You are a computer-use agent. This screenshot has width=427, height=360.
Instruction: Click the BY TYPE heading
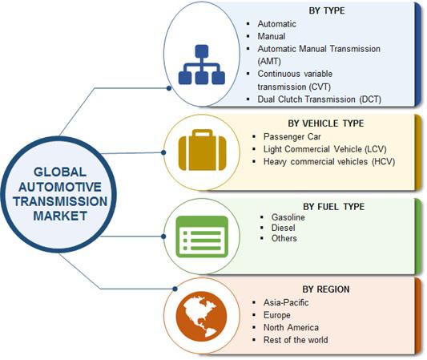327,10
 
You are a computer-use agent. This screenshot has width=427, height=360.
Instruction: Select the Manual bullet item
272,36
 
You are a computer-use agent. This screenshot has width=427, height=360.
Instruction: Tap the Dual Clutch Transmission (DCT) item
319,99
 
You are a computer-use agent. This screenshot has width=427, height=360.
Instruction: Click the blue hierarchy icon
202,65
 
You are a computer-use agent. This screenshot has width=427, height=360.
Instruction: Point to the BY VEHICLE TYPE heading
326,123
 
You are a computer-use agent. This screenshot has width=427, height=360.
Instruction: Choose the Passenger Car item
292,136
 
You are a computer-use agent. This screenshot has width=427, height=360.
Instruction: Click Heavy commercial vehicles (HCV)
329,162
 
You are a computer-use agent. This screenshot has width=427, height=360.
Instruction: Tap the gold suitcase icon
202,150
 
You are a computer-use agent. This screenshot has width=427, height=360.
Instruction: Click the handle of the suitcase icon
202,133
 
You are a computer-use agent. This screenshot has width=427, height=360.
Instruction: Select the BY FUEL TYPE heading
333,207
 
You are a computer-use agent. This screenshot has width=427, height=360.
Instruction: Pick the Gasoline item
288,217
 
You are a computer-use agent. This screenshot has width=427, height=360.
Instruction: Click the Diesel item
283,228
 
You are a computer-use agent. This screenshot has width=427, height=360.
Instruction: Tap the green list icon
202,237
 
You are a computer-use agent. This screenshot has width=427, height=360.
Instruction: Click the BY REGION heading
326,289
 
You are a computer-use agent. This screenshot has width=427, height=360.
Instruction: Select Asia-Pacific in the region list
286,302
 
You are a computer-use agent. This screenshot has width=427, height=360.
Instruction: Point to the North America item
291,327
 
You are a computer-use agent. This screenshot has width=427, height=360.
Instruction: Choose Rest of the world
296,340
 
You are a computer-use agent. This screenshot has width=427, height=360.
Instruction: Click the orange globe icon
201,317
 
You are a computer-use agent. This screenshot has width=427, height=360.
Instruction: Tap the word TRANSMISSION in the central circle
60,201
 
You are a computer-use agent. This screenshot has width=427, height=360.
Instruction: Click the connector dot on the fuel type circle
163,237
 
